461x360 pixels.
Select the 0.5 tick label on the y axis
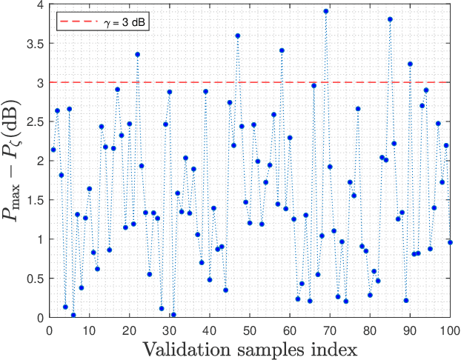tap(35, 279)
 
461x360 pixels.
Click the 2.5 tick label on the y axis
tap(35, 121)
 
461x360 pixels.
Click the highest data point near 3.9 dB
tap(326, 11)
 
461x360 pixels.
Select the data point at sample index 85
tap(390, 19)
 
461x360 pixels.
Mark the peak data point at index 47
tap(238, 36)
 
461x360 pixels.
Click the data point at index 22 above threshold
tap(137, 54)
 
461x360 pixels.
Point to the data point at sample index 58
tap(282, 50)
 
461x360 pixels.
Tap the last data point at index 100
tap(450, 242)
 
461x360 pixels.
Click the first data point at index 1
tap(53, 150)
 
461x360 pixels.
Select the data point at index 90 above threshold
tap(410, 64)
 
